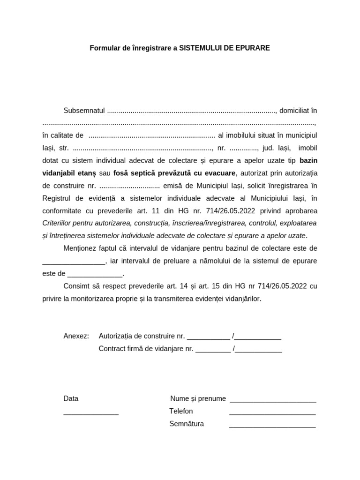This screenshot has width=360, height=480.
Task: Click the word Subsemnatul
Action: tap(84, 111)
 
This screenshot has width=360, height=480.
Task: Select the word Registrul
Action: tap(57, 198)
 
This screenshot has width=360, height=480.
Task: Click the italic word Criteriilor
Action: tap(58, 223)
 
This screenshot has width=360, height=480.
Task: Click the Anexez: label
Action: tap(76, 336)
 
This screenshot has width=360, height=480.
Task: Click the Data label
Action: tap(71, 399)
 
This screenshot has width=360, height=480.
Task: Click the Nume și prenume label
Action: tap(198, 399)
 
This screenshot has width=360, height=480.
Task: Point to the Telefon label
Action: tap(181, 411)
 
